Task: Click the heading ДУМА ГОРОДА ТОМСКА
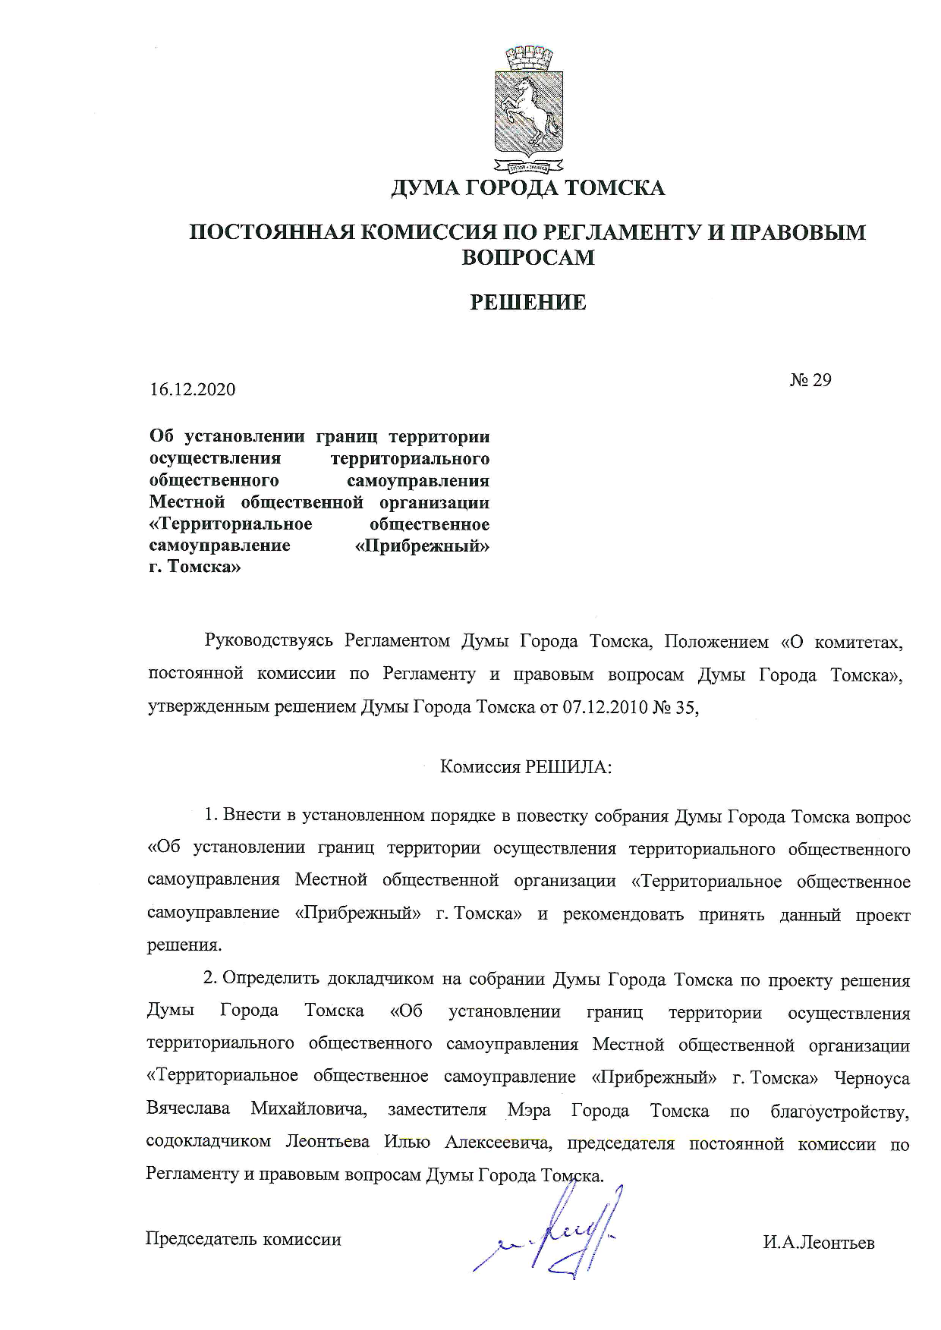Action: pos(528,187)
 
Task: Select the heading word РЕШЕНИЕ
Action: pos(528,303)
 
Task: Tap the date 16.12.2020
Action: pos(193,390)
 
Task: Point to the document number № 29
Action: pos(810,379)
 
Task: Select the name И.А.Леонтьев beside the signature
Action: pos(819,1243)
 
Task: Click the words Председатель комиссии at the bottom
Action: pos(243,1239)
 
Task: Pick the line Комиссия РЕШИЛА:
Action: pos(526,766)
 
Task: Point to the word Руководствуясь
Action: pos(269,641)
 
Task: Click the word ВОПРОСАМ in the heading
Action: pos(528,257)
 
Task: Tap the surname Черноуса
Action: pos(871,1078)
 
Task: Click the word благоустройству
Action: pos(839,1111)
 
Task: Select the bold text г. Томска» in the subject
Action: pos(195,567)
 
